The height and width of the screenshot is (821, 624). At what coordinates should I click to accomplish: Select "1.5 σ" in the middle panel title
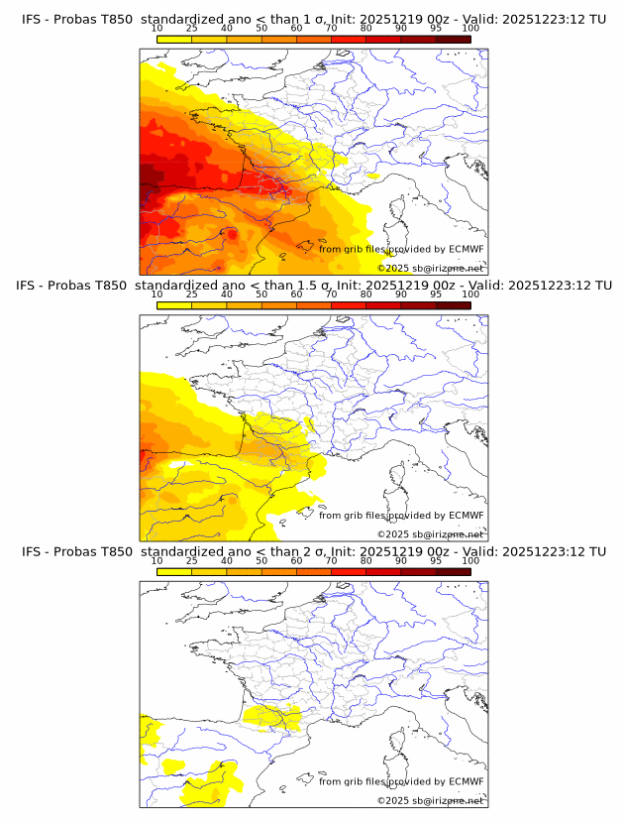coord(318,286)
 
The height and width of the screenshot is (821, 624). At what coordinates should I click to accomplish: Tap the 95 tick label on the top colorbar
coord(436,29)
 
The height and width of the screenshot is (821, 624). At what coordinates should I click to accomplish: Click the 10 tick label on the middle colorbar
coord(156,294)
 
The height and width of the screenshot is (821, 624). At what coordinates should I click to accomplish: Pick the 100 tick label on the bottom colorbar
coord(470,560)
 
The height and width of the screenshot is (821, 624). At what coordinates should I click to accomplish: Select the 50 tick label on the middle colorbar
coord(261,294)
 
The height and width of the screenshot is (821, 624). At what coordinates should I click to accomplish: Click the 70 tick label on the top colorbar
coord(331,29)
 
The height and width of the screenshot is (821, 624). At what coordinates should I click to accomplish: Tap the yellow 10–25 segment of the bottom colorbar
coord(173,571)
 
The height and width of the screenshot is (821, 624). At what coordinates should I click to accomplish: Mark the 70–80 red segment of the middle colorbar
coord(348,305)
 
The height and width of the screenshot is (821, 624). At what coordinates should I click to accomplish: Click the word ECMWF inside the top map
coord(467,249)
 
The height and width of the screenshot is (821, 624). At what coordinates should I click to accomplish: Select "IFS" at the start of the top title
coord(33,20)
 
